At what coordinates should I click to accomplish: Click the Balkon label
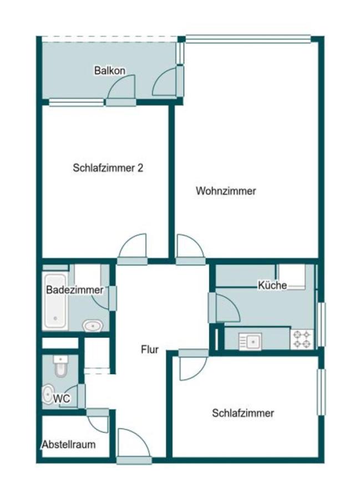(x=110, y=70)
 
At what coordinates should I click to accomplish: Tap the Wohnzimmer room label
(x=226, y=191)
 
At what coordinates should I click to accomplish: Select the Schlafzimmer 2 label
(x=108, y=167)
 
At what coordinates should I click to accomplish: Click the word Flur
(x=150, y=349)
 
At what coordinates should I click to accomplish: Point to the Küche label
(x=272, y=285)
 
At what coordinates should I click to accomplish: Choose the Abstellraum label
(x=69, y=444)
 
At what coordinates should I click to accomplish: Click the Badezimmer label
(x=75, y=290)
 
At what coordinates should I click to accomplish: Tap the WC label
(x=62, y=399)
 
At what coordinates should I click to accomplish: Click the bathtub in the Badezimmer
(x=55, y=301)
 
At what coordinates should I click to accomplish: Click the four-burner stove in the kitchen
(x=302, y=339)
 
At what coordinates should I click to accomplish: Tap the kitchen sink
(x=250, y=342)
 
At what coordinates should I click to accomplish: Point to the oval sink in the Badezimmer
(x=93, y=325)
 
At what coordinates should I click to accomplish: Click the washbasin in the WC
(x=48, y=394)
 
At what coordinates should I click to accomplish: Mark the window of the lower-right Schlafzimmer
(x=322, y=392)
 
